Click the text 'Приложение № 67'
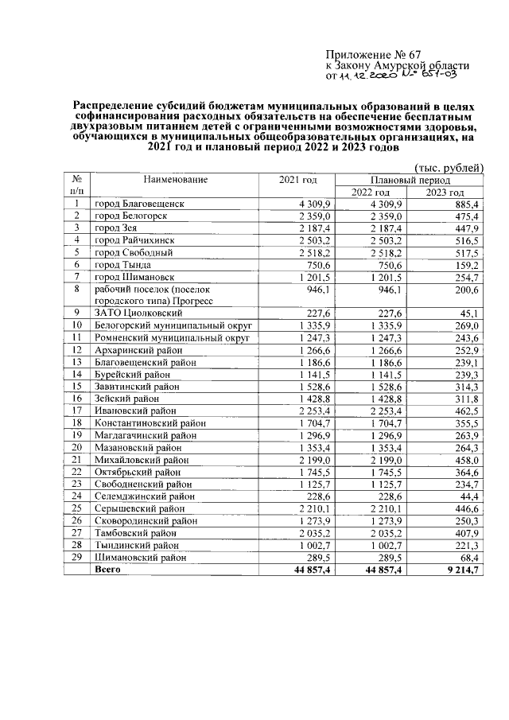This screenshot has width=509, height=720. coord(371,55)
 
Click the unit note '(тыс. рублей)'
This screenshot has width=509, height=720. coord(449,167)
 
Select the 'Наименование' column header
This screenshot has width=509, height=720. coord(176,180)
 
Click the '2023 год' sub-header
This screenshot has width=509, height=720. coord(445,193)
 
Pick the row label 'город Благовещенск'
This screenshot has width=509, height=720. coord(139,204)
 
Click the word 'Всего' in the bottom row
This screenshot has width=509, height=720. coord(108,570)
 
